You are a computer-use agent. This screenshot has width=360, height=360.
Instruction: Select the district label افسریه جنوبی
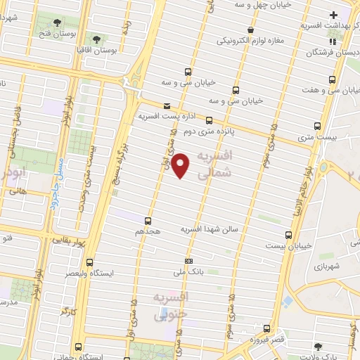coord(171,307)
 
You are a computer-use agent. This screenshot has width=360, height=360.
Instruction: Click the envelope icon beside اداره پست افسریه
coord(167,106)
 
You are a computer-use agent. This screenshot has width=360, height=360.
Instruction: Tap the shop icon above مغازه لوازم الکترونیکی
coord(251,30)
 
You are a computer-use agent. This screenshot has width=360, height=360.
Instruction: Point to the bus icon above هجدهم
coord(148,220)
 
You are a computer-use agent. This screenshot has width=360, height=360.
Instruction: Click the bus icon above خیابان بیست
coord(288,236)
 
